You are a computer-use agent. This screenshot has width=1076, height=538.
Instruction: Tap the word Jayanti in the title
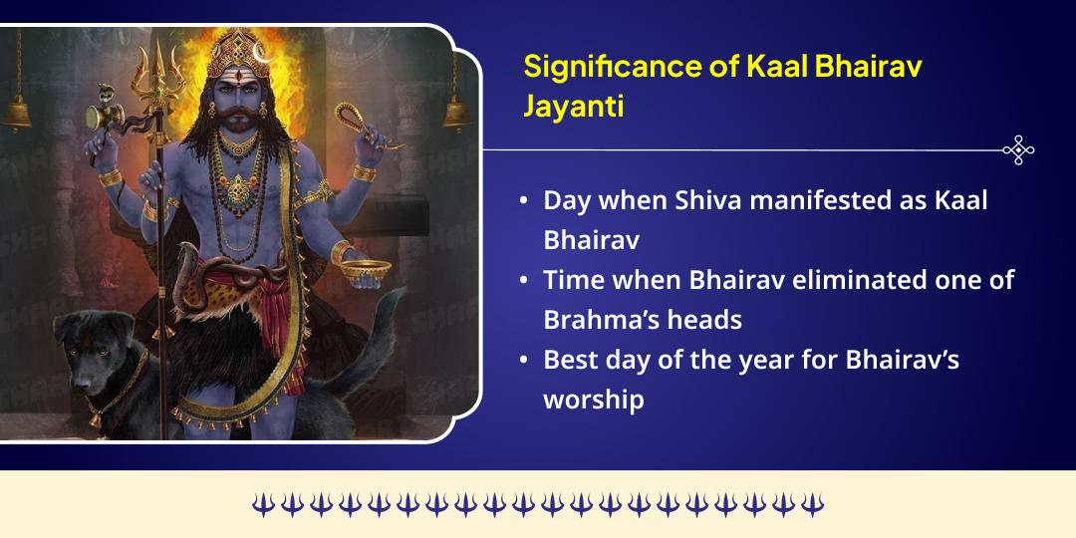point(574,106)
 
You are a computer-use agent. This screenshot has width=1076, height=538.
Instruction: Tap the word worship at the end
point(594,399)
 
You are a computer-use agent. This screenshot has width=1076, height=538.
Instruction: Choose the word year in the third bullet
point(742,359)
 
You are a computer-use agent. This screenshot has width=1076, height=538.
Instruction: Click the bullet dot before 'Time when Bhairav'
point(524,280)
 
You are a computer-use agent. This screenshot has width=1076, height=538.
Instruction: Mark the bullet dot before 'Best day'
point(524,360)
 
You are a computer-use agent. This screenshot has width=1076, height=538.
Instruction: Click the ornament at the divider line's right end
point(1017,150)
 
